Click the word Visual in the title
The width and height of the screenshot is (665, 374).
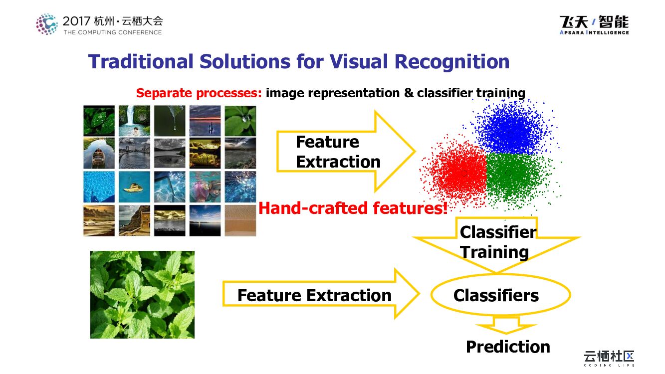coord(359,62)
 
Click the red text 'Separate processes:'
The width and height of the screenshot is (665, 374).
coord(199,93)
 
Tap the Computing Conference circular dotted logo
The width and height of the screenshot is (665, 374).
coord(46,24)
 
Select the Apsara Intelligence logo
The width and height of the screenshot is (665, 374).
coord(594,25)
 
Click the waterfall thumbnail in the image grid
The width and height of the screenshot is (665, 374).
coord(135,121)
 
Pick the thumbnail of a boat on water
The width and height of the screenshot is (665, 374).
coord(99,153)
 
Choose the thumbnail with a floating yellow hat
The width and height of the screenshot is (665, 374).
coord(135,187)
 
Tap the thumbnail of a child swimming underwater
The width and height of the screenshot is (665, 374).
coord(205,187)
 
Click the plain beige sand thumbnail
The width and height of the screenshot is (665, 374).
coord(240,220)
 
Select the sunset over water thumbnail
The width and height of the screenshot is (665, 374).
coord(205,121)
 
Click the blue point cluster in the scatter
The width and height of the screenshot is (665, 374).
coord(513,128)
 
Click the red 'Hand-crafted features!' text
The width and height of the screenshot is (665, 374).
coord(353,208)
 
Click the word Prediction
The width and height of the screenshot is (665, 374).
coord(508,347)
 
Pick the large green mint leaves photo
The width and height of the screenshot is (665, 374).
coord(143,294)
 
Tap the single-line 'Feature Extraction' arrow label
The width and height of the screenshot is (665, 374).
coord(314,295)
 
